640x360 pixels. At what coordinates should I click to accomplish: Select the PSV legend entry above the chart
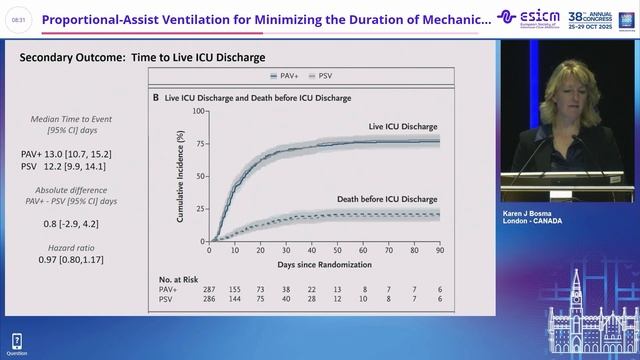click(x=320, y=76)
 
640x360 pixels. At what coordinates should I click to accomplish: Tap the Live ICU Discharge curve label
click(x=404, y=127)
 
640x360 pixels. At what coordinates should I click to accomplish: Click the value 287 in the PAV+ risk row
click(x=211, y=288)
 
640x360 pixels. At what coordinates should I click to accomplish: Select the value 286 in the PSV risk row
click(x=211, y=298)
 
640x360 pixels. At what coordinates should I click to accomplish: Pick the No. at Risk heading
click(x=181, y=277)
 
